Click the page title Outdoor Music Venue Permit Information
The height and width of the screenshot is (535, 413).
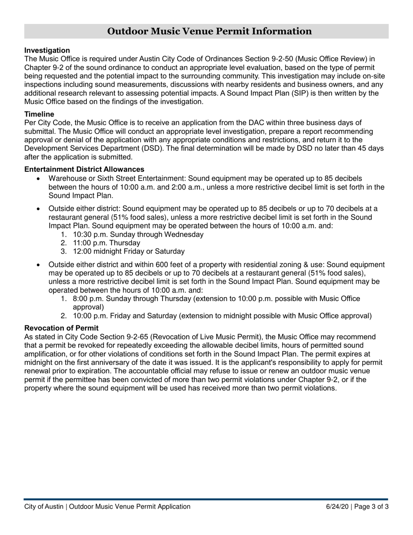(x=209, y=31)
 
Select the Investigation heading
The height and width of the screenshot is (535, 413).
(x=47, y=50)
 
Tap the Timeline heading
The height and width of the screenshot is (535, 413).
(x=39, y=114)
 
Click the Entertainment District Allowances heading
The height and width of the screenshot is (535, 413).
(x=84, y=169)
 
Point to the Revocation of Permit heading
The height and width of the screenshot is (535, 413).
(x=61, y=328)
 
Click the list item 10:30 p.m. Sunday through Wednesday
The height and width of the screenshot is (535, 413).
(x=138, y=234)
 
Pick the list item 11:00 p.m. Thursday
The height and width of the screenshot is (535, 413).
(x=107, y=243)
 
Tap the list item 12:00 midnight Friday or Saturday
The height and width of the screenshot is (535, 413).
(x=129, y=251)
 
